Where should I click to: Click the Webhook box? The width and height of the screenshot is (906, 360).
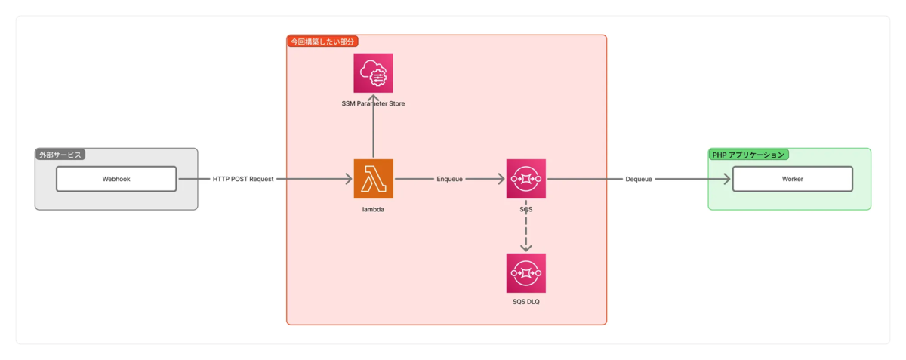(x=116, y=179)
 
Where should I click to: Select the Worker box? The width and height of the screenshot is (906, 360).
(x=792, y=179)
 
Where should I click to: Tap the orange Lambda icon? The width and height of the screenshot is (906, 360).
(x=374, y=179)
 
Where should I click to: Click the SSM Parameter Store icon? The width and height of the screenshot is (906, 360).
(x=373, y=72)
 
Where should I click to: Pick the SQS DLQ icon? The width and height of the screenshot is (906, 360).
(x=525, y=272)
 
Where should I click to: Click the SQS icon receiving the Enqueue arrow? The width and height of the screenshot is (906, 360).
(x=525, y=179)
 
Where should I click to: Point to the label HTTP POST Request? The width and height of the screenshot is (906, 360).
(x=243, y=179)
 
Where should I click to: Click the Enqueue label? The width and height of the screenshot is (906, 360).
(x=449, y=179)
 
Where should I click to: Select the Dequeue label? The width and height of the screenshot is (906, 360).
(x=638, y=179)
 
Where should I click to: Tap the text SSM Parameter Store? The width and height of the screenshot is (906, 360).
(x=373, y=103)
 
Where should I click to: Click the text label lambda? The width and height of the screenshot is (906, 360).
(x=373, y=209)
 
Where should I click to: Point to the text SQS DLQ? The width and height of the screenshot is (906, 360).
(x=525, y=302)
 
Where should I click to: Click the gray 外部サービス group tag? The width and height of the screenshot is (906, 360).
(x=60, y=155)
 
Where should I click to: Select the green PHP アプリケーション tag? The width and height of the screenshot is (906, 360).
(x=748, y=155)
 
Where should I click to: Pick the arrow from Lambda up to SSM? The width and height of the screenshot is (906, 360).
(x=373, y=128)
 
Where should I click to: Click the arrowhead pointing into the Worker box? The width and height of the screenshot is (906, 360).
(x=727, y=179)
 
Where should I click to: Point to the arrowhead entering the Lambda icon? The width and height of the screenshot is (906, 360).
(x=348, y=179)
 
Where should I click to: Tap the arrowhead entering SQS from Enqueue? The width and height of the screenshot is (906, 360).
(x=501, y=179)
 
